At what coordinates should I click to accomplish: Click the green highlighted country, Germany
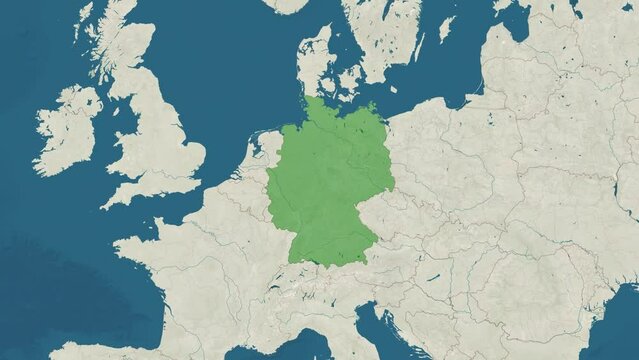click(325, 185)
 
